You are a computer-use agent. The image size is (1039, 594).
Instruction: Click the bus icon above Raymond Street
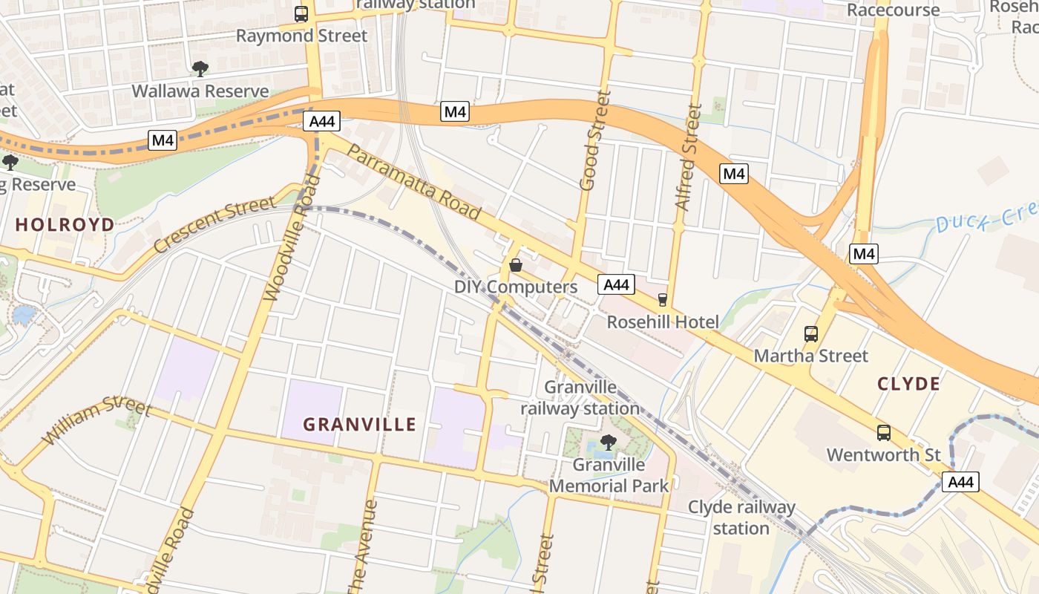[301, 13]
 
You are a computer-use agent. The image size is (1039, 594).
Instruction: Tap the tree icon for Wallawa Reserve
[200, 69]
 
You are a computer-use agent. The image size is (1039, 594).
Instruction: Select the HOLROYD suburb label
[65, 224]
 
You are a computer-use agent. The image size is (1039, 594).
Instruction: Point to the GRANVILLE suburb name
[360, 425]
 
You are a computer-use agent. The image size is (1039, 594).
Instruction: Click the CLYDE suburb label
[908, 384]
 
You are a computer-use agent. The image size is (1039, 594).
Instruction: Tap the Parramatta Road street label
[413, 182]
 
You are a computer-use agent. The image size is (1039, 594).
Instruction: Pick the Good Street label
[595, 140]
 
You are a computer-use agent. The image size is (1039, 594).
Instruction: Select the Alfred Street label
[688, 157]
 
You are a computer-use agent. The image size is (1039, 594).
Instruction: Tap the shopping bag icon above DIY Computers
[516, 265]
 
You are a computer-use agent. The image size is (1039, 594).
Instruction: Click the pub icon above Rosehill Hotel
[662, 299]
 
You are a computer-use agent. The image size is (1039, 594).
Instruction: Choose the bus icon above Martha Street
[810, 334]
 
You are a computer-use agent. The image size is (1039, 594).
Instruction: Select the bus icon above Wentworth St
[883, 433]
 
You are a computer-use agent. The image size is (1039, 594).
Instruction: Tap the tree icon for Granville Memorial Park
[608, 443]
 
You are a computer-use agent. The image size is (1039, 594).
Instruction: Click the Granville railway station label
[580, 398]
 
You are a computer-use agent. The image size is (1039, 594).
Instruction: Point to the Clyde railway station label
[741, 518]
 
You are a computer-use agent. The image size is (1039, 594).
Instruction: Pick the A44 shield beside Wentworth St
[960, 482]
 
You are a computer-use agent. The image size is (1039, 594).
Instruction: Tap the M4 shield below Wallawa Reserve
[163, 140]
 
